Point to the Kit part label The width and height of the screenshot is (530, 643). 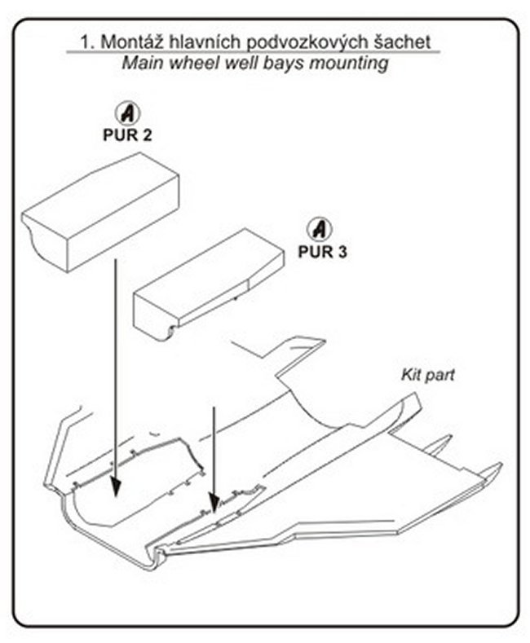click(427, 376)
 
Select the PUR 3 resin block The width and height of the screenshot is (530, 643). click(208, 285)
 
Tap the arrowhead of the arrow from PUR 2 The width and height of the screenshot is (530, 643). click(117, 486)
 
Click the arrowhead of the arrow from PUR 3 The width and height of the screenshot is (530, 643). click(214, 506)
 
